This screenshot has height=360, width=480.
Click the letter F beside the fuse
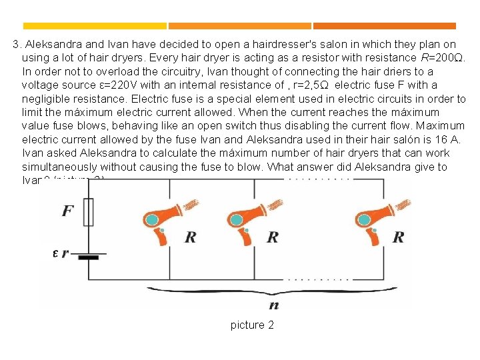(x=68, y=211)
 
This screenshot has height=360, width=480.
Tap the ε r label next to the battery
(x=60, y=253)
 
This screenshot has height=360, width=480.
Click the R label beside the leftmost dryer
(x=190, y=237)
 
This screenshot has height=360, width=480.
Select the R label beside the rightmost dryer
(x=398, y=237)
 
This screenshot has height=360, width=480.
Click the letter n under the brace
(x=273, y=305)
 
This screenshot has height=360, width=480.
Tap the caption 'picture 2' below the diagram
(x=252, y=325)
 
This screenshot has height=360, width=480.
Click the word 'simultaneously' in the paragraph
(x=57, y=167)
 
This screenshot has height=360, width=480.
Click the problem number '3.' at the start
(x=18, y=45)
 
